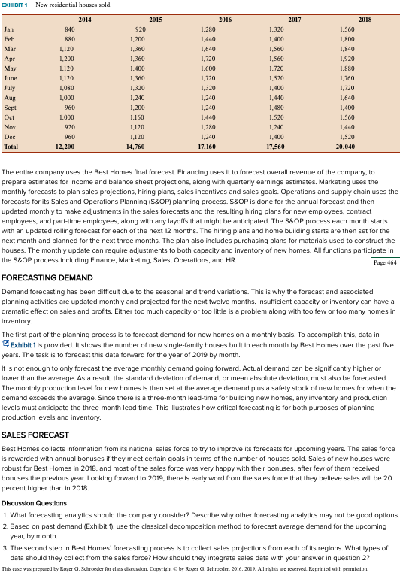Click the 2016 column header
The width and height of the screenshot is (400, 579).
coord(225,17)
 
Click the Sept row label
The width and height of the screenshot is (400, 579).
coord(11,108)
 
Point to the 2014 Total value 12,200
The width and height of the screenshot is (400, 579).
coord(65,147)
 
